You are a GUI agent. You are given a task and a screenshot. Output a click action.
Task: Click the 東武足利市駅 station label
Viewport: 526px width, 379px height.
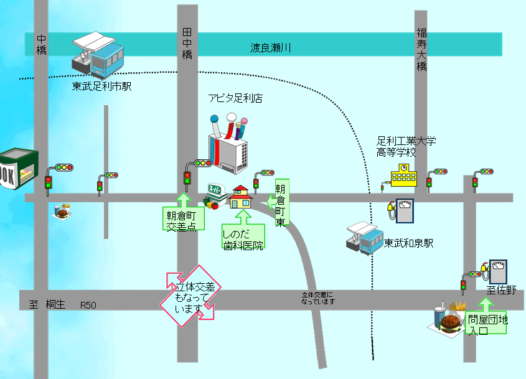(x=102, y=87)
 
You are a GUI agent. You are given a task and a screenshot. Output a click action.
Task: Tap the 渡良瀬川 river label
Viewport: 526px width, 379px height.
(x=271, y=47)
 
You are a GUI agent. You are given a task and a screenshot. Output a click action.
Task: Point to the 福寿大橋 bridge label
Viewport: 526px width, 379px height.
(x=422, y=49)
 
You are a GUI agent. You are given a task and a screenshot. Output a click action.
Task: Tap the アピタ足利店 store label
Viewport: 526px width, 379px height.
(x=235, y=98)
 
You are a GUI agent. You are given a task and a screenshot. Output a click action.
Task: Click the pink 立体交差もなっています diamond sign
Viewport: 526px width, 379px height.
(x=190, y=296)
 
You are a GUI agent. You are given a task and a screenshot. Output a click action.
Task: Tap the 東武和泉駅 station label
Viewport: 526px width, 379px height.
(x=408, y=243)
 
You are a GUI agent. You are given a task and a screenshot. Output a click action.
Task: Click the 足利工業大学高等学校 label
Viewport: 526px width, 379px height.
(x=406, y=146)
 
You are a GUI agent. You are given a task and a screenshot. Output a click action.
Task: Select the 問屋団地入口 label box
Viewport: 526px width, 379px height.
(x=487, y=323)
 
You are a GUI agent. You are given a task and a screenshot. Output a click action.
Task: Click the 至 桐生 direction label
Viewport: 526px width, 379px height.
(x=47, y=305)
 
